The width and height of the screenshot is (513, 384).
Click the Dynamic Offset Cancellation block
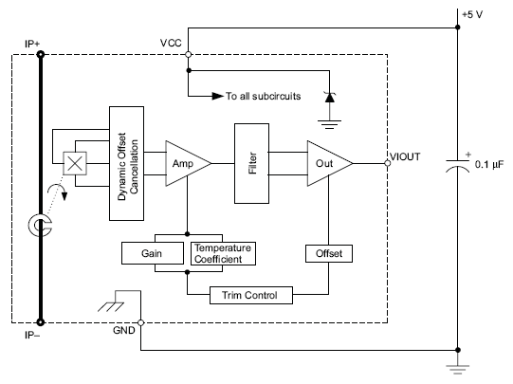click(128, 162)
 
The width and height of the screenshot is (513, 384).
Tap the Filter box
click(252, 162)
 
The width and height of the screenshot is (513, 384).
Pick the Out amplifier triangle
click(325, 163)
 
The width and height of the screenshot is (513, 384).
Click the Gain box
click(153, 254)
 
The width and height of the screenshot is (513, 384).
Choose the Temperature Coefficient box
click(225, 254)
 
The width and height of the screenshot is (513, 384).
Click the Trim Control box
click(250, 295)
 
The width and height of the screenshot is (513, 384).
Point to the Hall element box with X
click(73, 163)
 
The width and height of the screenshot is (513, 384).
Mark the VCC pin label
click(172, 44)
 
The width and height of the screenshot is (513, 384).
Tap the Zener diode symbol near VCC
click(329, 97)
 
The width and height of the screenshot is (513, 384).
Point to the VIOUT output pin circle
click(387, 163)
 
